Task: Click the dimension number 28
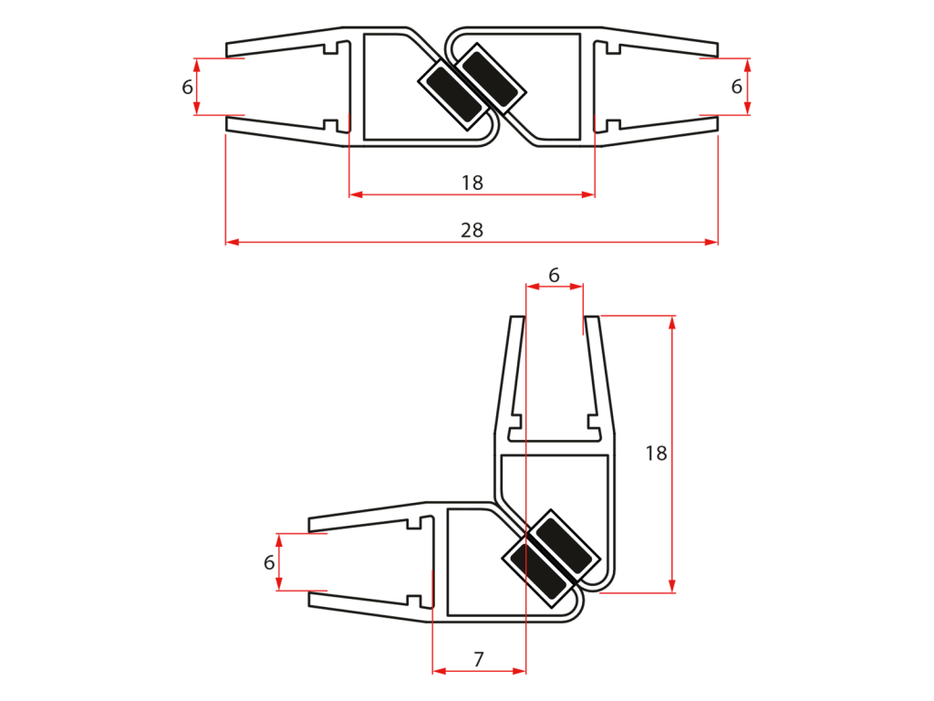pyautogui.click(x=472, y=230)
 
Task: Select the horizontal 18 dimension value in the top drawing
pyautogui.click(x=472, y=183)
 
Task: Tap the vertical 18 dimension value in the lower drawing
pyautogui.click(x=656, y=454)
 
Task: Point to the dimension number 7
pyautogui.click(x=478, y=659)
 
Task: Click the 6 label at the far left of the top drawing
pyautogui.click(x=187, y=87)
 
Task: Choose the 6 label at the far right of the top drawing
pyautogui.click(x=736, y=87)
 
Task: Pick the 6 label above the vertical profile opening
pyautogui.click(x=554, y=276)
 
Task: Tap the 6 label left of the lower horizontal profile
pyautogui.click(x=269, y=562)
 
